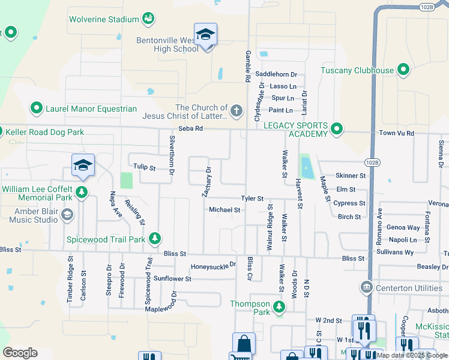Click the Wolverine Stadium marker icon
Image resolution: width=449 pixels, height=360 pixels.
(x=148, y=19)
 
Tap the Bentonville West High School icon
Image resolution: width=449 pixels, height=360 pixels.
(x=205, y=35)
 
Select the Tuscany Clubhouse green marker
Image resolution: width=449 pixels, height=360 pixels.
(x=403, y=70)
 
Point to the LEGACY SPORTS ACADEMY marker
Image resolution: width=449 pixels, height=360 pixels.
(x=337, y=129)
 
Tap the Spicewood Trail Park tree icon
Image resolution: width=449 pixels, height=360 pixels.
(x=155, y=239)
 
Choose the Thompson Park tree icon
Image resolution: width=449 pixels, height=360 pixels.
(x=279, y=308)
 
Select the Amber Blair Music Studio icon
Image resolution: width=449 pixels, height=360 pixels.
(x=67, y=215)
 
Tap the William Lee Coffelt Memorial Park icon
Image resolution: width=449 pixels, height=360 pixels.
(x=81, y=193)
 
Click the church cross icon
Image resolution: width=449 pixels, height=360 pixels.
(x=237, y=111)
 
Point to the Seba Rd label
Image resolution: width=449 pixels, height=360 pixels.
(x=191, y=130)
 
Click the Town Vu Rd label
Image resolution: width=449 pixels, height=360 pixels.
(x=396, y=133)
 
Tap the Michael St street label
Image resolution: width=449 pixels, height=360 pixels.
(x=224, y=210)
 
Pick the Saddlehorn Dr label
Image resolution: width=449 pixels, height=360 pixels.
(x=276, y=74)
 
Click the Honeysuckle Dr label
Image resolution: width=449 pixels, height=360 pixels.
(x=213, y=266)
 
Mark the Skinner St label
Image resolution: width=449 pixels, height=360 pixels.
(x=351, y=176)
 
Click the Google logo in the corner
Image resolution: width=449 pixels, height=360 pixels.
(x=20, y=352)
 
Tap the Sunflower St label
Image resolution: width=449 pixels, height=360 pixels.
(x=172, y=278)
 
